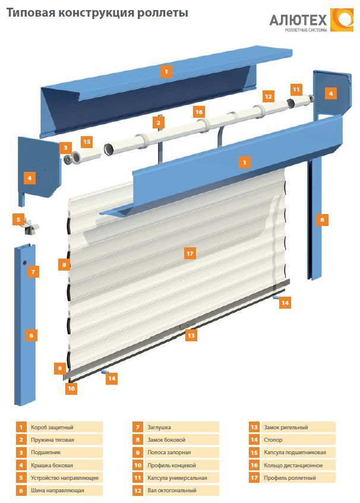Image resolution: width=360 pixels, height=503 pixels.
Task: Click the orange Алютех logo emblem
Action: click(x=341, y=20)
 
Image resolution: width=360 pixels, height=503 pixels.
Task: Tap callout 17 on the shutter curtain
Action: click(x=190, y=254)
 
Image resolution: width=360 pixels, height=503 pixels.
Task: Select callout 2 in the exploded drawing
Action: click(x=158, y=123)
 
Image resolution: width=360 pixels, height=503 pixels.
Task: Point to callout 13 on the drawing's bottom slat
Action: click(x=191, y=335)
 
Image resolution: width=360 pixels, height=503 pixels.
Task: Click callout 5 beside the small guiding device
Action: click(x=19, y=220)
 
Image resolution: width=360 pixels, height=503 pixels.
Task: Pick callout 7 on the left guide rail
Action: click(x=33, y=272)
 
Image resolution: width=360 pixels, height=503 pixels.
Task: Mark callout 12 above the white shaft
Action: click(x=269, y=96)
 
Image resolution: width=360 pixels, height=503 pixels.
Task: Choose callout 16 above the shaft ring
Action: click(x=199, y=112)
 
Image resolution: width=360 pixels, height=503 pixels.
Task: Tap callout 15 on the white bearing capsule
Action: click(x=87, y=142)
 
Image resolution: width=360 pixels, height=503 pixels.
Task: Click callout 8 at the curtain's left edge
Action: click(x=64, y=263)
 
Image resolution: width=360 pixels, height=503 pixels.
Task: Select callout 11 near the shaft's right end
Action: click(x=296, y=89)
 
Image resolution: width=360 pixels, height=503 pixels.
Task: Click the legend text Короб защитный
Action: click(x=52, y=427)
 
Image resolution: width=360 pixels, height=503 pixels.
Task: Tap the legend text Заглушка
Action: click(x=159, y=427)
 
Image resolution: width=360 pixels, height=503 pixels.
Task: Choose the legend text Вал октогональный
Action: click(x=172, y=491)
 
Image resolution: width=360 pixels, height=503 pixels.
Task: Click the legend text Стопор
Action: click(x=274, y=440)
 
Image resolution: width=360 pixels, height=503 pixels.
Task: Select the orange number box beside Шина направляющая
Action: click(x=21, y=491)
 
